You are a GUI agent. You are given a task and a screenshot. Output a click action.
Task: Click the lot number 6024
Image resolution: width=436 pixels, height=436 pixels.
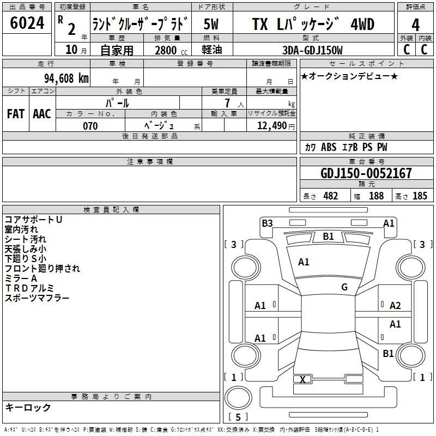[27, 24]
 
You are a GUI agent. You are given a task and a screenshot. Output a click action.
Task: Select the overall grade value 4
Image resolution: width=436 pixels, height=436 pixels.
[415, 25]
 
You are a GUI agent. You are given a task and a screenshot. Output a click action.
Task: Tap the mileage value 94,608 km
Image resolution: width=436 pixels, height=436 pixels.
[60, 78]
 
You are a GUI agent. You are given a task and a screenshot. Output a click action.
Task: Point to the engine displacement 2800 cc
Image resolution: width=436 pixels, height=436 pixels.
[168, 51]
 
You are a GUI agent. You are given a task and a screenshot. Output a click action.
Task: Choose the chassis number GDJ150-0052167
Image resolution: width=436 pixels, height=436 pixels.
[366, 173]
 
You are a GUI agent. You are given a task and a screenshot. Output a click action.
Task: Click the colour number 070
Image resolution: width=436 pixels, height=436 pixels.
[90, 126]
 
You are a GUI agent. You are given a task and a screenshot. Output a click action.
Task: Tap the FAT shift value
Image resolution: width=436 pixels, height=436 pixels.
[15, 114]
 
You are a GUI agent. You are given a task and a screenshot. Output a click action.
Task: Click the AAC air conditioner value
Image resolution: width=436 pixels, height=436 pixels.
[42, 114]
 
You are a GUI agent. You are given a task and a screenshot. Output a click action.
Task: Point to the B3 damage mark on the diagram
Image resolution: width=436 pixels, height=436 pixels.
[267, 223]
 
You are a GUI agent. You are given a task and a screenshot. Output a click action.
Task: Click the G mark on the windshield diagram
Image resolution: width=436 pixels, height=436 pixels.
[344, 287]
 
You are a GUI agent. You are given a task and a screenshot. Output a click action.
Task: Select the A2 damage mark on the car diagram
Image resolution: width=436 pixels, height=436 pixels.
[395, 306]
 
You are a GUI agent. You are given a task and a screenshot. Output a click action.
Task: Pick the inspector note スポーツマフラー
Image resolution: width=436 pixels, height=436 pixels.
[37, 298]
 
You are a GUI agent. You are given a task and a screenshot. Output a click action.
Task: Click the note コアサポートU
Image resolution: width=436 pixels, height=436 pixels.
[33, 220]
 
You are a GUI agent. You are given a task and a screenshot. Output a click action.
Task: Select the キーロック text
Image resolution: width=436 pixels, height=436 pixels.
[28, 407]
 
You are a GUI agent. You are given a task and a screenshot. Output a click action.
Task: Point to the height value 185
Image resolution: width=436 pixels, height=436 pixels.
[420, 196]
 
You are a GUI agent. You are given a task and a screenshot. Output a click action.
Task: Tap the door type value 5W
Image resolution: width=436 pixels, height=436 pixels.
[211, 25]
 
